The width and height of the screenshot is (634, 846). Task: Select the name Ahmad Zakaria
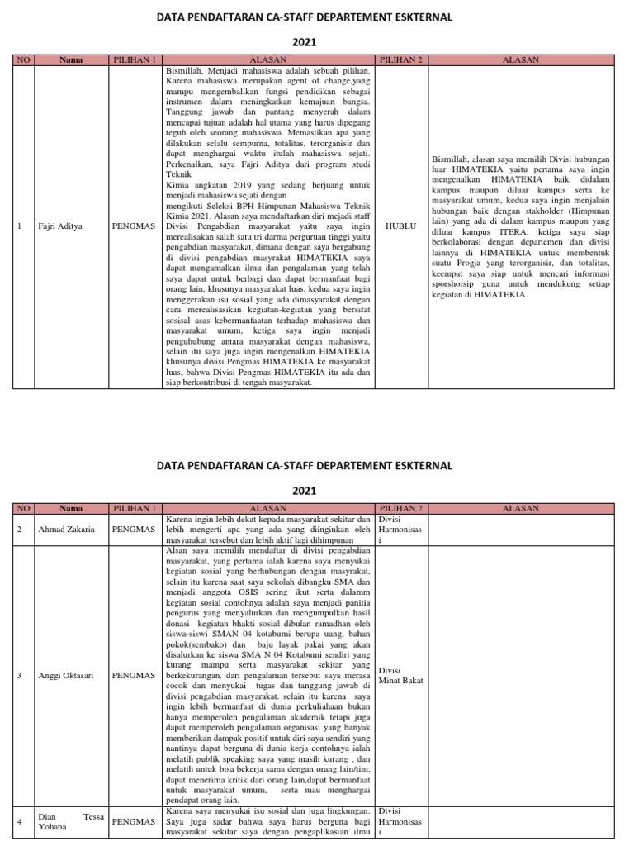pyautogui.click(x=67, y=530)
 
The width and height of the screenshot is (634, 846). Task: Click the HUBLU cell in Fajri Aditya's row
pyautogui.click(x=400, y=223)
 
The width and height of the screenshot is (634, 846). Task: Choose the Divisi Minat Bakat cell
pyautogui.click(x=400, y=675)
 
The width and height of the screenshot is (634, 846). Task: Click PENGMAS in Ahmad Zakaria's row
pyautogui.click(x=134, y=530)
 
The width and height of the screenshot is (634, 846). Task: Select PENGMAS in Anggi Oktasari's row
pyautogui.click(x=134, y=675)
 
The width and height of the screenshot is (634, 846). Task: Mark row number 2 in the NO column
pyautogui.click(x=19, y=530)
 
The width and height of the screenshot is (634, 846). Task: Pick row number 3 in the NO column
pyautogui.click(x=19, y=675)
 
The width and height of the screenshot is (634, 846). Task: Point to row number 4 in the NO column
pyautogui.click(x=19, y=822)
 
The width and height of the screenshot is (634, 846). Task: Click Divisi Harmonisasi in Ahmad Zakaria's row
pyautogui.click(x=400, y=530)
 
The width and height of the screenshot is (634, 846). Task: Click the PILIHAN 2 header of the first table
pyautogui.click(x=400, y=60)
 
